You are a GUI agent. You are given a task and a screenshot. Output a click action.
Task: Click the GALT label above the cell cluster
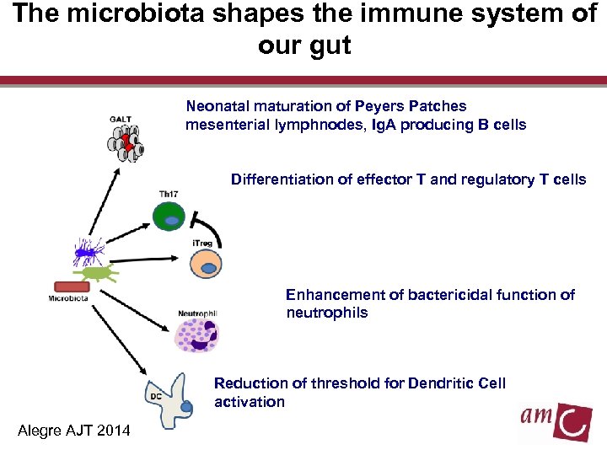tap(120, 119)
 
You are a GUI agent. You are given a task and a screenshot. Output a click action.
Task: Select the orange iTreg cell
tap(206, 264)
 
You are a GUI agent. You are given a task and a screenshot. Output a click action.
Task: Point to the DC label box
tap(155, 394)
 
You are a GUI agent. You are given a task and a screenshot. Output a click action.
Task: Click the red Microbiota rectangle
tap(71, 286)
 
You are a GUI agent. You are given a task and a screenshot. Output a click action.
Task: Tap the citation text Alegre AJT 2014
tap(74, 431)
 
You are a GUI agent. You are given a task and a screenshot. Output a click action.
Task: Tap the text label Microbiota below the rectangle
tap(69, 297)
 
